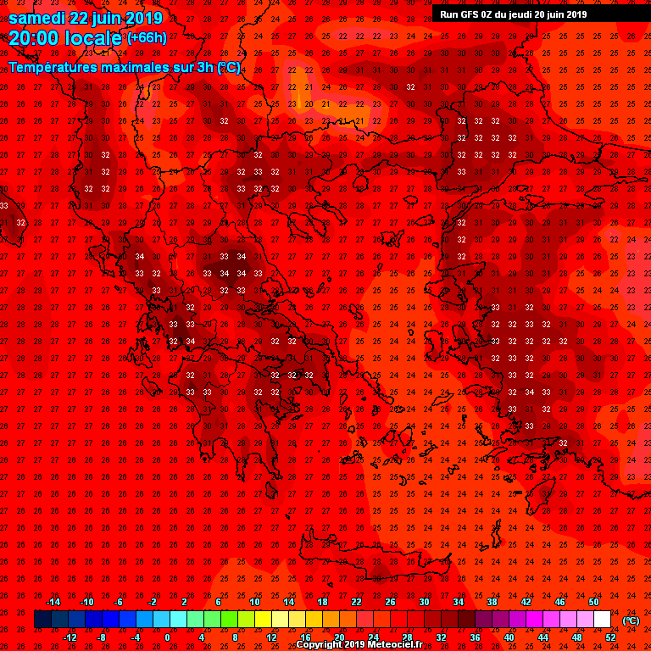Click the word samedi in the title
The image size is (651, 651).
[x=37, y=18]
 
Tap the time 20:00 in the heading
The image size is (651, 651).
[x=38, y=38]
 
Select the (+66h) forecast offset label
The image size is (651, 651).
[x=147, y=37]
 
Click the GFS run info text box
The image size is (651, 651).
[x=513, y=14]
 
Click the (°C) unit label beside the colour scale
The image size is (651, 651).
[x=631, y=620]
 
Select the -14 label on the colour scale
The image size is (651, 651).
[x=53, y=602]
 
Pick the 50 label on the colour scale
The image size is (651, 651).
[x=593, y=602]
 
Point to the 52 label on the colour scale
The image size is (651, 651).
[x=610, y=637]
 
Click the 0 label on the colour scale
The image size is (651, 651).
[x=167, y=637]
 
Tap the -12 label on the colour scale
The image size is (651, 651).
[x=70, y=637]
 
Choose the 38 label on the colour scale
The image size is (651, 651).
[x=492, y=602]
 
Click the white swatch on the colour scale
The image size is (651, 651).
[x=602, y=620]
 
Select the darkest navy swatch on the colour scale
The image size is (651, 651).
[x=42, y=620]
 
